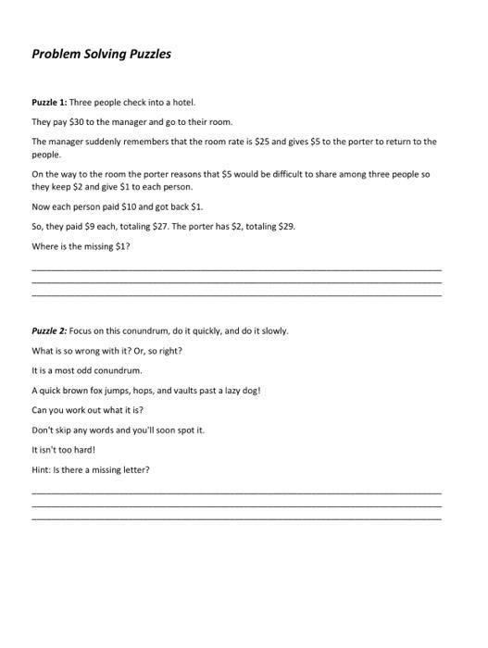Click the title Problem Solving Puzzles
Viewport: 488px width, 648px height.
tap(101, 54)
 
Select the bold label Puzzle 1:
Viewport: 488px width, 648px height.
tap(49, 103)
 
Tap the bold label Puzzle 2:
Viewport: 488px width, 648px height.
tap(49, 330)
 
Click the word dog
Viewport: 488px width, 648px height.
tap(251, 390)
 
